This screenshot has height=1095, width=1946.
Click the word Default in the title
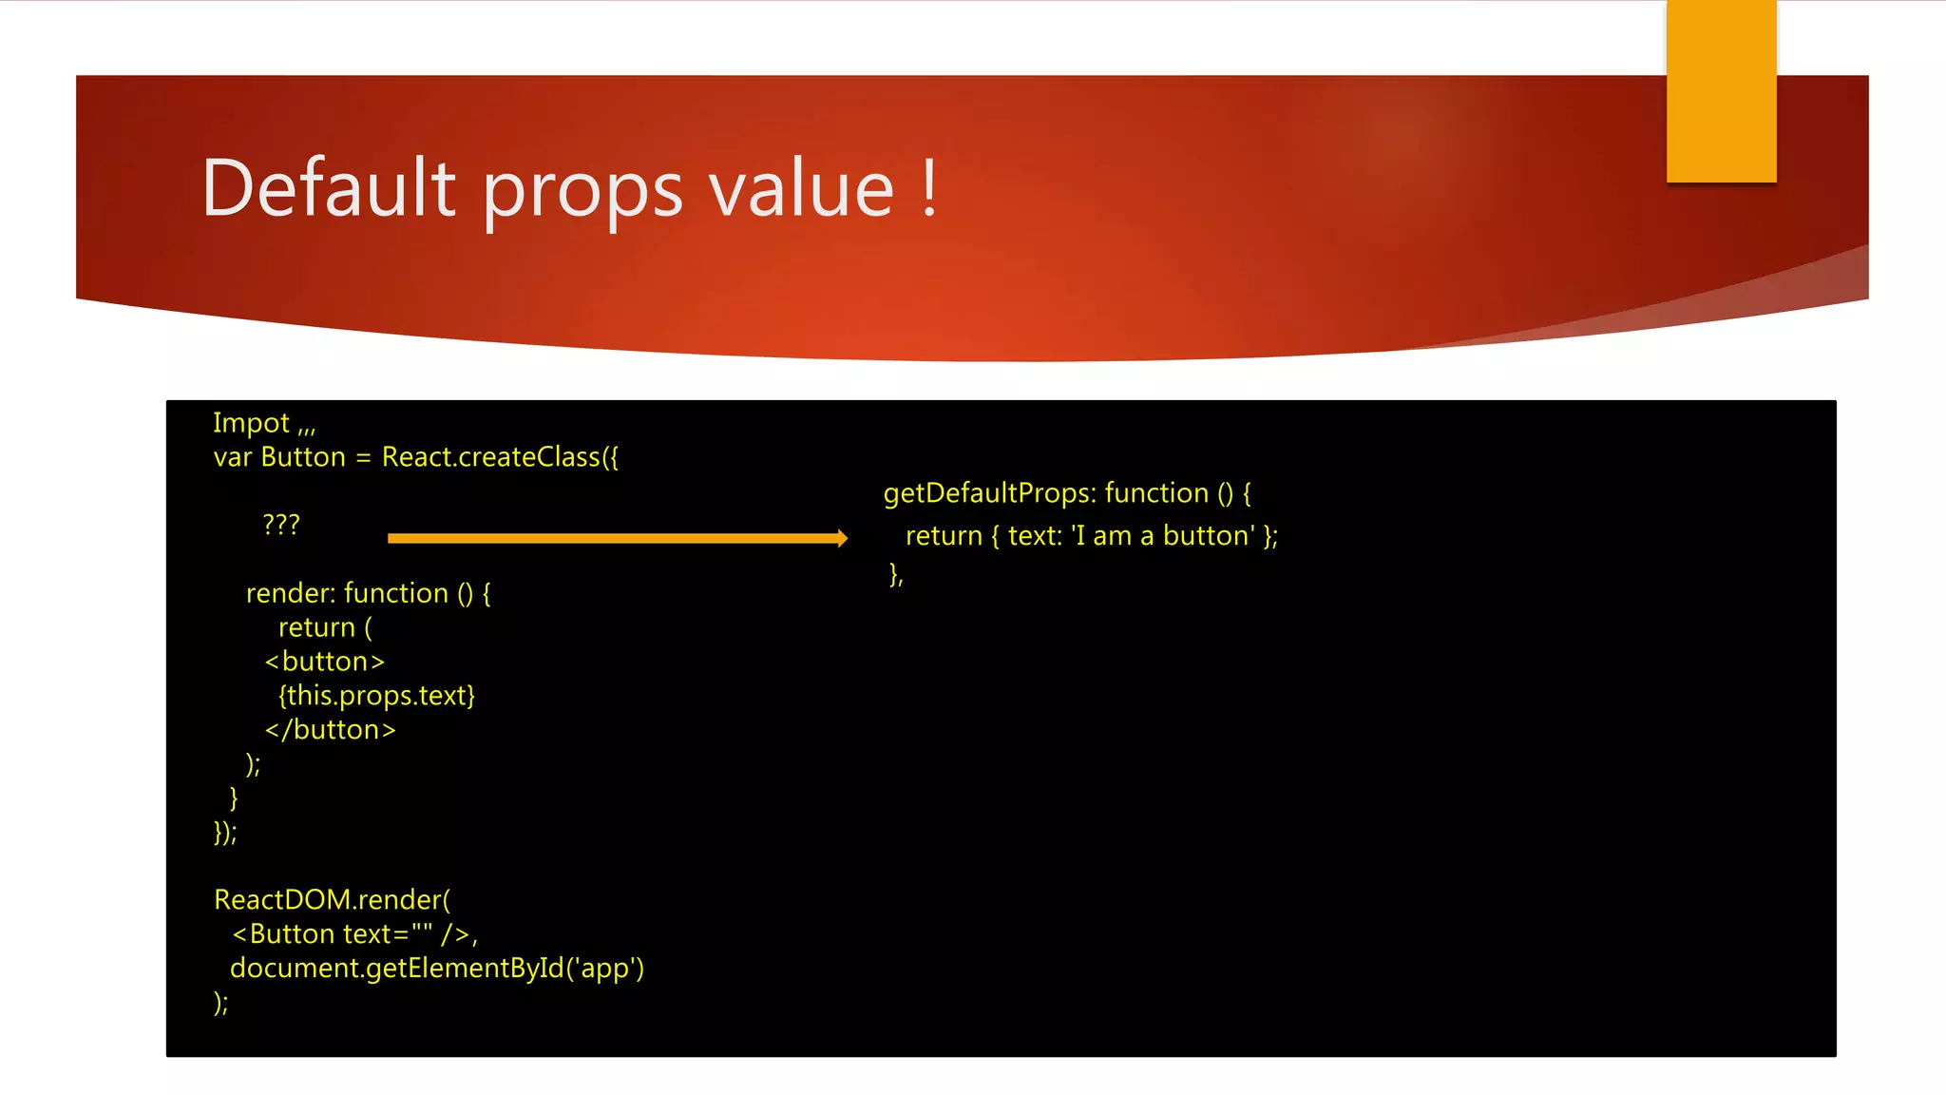(328, 187)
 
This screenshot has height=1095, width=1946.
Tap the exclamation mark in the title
(929, 187)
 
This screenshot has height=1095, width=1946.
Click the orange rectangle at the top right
(1721, 91)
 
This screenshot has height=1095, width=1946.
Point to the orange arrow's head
(840, 538)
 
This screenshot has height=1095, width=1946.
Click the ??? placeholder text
(281, 524)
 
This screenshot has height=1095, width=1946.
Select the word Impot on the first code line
(251, 423)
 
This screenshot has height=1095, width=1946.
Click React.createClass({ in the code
(500, 457)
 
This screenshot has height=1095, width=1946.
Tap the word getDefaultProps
(989, 493)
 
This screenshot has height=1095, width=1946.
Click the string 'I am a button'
(1163, 536)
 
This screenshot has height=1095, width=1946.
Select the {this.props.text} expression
(376, 696)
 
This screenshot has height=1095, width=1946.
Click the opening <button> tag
(325, 662)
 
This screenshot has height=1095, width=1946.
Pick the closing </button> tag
(330, 730)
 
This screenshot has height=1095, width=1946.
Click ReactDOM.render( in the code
(333, 900)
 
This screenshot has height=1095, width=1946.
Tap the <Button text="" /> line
(353, 934)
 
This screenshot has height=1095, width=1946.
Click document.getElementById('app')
(437, 969)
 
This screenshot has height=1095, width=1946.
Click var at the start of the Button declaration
(233, 457)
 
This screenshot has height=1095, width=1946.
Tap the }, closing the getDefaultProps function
(896, 574)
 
